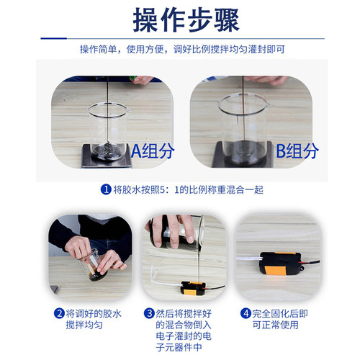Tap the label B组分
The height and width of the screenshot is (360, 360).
tap(297, 151)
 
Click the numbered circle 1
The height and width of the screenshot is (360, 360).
tap(106, 190)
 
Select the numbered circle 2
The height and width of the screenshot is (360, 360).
tap(59, 313)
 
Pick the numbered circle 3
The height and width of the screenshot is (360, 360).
tap(149, 313)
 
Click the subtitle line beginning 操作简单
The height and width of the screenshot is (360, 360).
tap(180, 50)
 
